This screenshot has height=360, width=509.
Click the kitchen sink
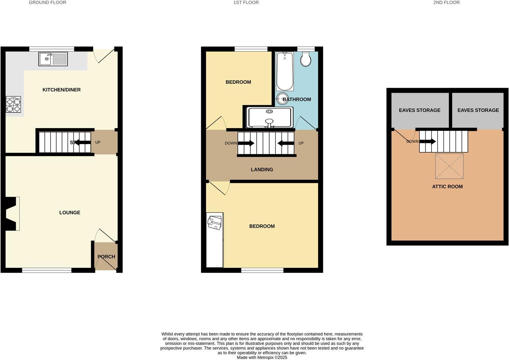click(x=53, y=59)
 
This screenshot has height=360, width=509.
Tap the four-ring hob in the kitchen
click(x=13, y=104)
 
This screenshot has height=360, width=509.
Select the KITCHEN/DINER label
click(x=61, y=90)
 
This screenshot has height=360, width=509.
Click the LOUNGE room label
click(x=69, y=212)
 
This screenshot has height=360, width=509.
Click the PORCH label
click(x=106, y=256)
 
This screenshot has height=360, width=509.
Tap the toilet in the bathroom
click(x=305, y=59)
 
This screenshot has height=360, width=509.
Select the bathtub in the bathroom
click(x=285, y=72)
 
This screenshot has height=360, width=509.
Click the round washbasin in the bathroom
click(x=282, y=98)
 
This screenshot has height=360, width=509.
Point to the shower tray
click(x=270, y=117)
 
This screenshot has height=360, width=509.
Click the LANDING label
click(x=262, y=170)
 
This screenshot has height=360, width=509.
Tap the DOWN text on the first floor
click(x=230, y=143)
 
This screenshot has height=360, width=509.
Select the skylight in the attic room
click(x=449, y=166)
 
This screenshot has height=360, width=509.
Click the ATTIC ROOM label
click(x=447, y=187)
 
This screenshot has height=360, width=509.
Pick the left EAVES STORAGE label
click(x=420, y=110)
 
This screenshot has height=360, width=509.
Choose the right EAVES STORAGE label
click(x=478, y=110)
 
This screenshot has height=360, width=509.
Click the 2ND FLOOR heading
click(x=446, y=2)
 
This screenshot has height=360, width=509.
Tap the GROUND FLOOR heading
click(x=47, y=2)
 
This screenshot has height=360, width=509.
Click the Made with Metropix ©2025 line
click(x=262, y=357)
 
